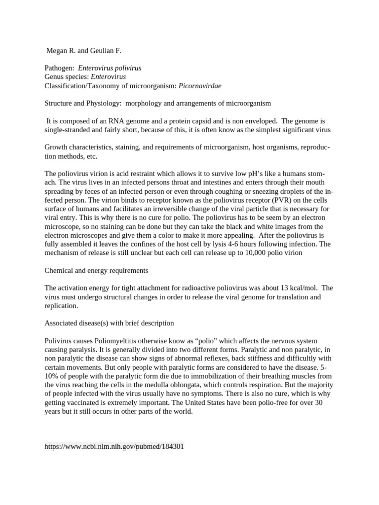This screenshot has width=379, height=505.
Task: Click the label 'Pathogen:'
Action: pos(60,68)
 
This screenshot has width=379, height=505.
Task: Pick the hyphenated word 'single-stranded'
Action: pos(68,130)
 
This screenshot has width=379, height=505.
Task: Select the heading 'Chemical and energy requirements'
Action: pos(96,271)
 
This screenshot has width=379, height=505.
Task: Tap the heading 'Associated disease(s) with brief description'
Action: pos(109,324)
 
